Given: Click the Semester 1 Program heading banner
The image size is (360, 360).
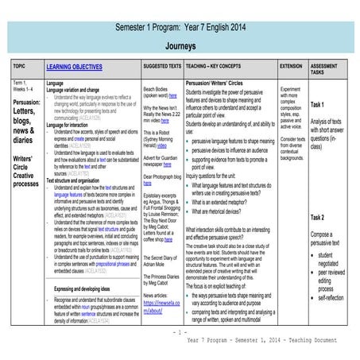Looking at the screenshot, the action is [x=180, y=27].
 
